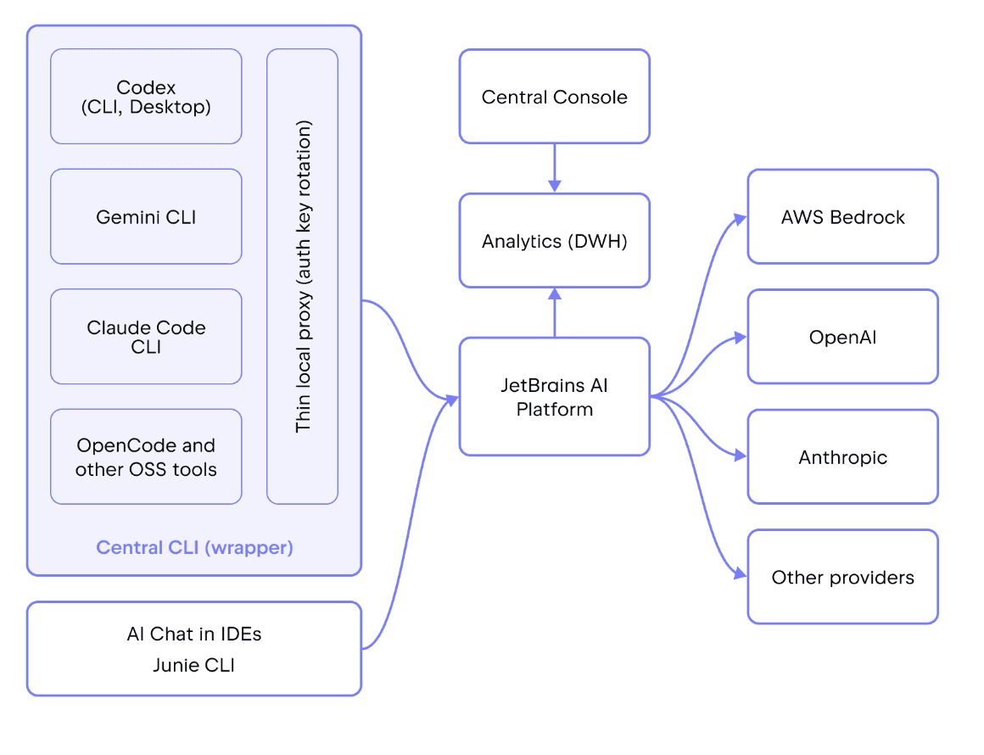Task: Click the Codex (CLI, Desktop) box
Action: (x=146, y=97)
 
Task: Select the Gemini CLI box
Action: (x=146, y=216)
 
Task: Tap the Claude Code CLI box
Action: (x=146, y=337)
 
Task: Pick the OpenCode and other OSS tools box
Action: (x=146, y=457)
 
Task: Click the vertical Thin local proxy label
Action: (x=303, y=277)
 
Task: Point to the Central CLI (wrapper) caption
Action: (x=194, y=547)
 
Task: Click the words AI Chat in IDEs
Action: (x=194, y=634)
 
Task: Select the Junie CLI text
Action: (x=194, y=664)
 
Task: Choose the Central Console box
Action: (x=554, y=97)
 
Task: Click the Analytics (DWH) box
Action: (x=554, y=240)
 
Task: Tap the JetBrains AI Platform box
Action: (x=554, y=397)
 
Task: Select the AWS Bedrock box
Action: (x=843, y=216)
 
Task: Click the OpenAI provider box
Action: (x=843, y=337)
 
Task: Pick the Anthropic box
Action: (x=843, y=457)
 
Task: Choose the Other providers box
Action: (x=843, y=577)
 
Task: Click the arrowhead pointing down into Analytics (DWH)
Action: (x=554, y=187)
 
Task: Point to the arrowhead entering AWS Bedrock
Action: (x=741, y=219)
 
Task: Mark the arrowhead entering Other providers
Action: (x=741, y=573)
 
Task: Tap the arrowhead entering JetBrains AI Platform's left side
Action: (x=452, y=400)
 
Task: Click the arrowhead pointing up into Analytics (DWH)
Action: (x=554, y=294)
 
